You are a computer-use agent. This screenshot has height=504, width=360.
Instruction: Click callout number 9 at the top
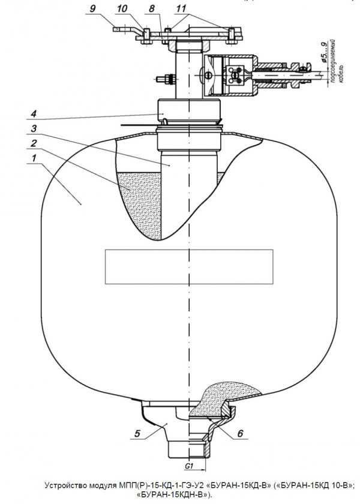(92, 8)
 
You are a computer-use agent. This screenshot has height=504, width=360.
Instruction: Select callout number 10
(122, 8)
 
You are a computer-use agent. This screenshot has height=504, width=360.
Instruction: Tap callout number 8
(152, 8)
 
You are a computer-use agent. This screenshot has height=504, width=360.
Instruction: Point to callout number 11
(181, 8)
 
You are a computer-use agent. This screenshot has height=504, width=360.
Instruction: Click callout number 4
(34, 114)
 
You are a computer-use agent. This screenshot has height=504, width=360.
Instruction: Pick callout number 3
(34, 128)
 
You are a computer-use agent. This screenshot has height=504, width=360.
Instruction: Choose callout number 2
(34, 143)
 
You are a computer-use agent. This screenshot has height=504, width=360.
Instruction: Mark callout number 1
(34, 158)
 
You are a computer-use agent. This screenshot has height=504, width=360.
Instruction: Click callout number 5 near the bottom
(137, 434)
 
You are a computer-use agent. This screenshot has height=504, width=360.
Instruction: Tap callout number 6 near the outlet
(240, 434)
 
